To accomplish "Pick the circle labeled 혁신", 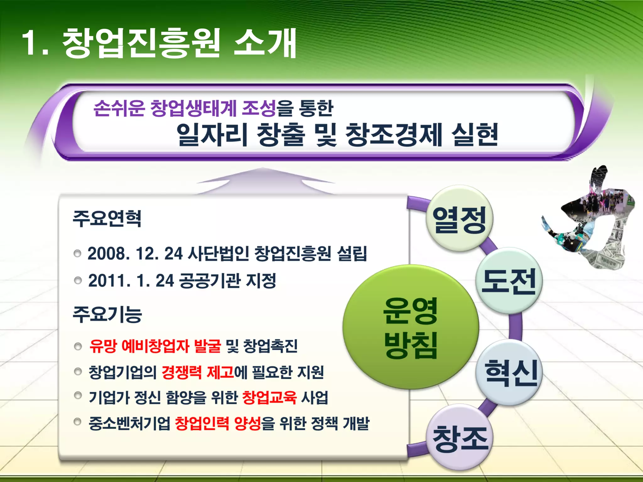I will click(x=509, y=372).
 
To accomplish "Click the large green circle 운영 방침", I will click(x=410, y=327).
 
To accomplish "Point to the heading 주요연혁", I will click(x=107, y=218).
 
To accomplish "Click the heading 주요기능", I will click(x=107, y=314).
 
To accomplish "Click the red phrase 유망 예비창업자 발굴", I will click(x=155, y=346).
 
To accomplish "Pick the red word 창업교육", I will click(x=269, y=398).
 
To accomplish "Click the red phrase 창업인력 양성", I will click(x=218, y=424).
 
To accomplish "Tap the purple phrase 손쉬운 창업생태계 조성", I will click(x=185, y=108).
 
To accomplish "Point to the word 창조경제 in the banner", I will click(x=394, y=135).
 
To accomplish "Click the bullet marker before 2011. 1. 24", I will click(x=78, y=280).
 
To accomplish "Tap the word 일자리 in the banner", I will click(x=212, y=135).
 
